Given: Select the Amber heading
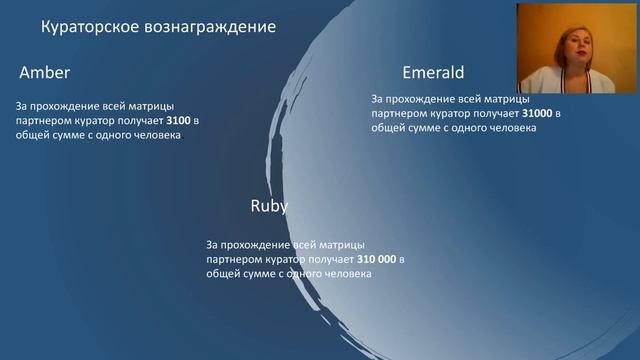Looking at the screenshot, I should (45, 74).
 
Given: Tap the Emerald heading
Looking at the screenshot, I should (435, 73).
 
